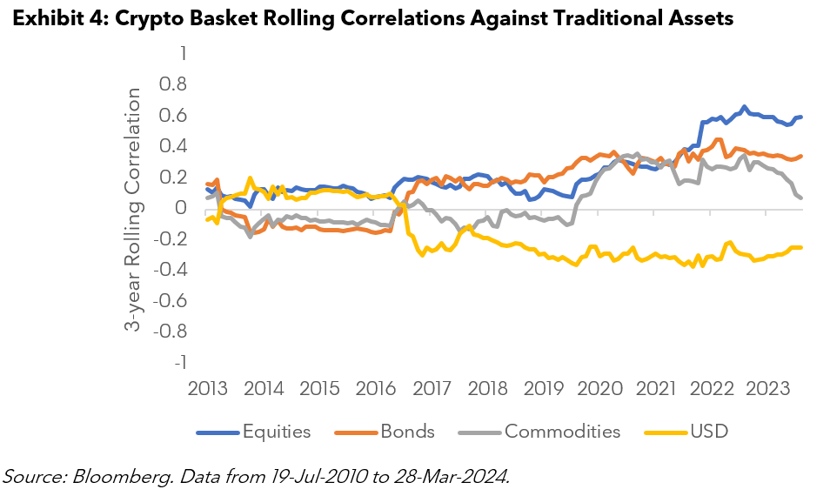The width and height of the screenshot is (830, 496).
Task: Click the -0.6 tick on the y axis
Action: (171, 300)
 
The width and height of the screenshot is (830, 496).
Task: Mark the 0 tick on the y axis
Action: (182, 208)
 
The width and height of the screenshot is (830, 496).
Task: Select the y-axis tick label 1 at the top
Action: (182, 54)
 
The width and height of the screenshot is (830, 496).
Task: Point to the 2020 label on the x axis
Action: (599, 387)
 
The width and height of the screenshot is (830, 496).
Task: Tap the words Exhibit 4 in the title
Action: (58, 18)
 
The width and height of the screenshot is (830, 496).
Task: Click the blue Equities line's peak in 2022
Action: (744, 107)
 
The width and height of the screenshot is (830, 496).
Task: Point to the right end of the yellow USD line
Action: (800, 248)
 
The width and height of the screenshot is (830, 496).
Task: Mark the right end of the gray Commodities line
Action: (800, 198)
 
